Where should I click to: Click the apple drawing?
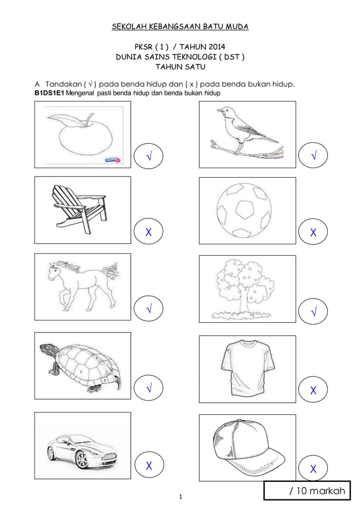tap(85, 138)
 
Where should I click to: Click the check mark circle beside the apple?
tap(148, 155)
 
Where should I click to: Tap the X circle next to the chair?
tap(148, 231)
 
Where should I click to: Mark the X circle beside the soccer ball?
tap(313, 232)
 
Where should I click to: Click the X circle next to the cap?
tap(313, 469)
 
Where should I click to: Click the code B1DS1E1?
tap(50, 93)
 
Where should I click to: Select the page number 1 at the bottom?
tap(180, 497)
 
